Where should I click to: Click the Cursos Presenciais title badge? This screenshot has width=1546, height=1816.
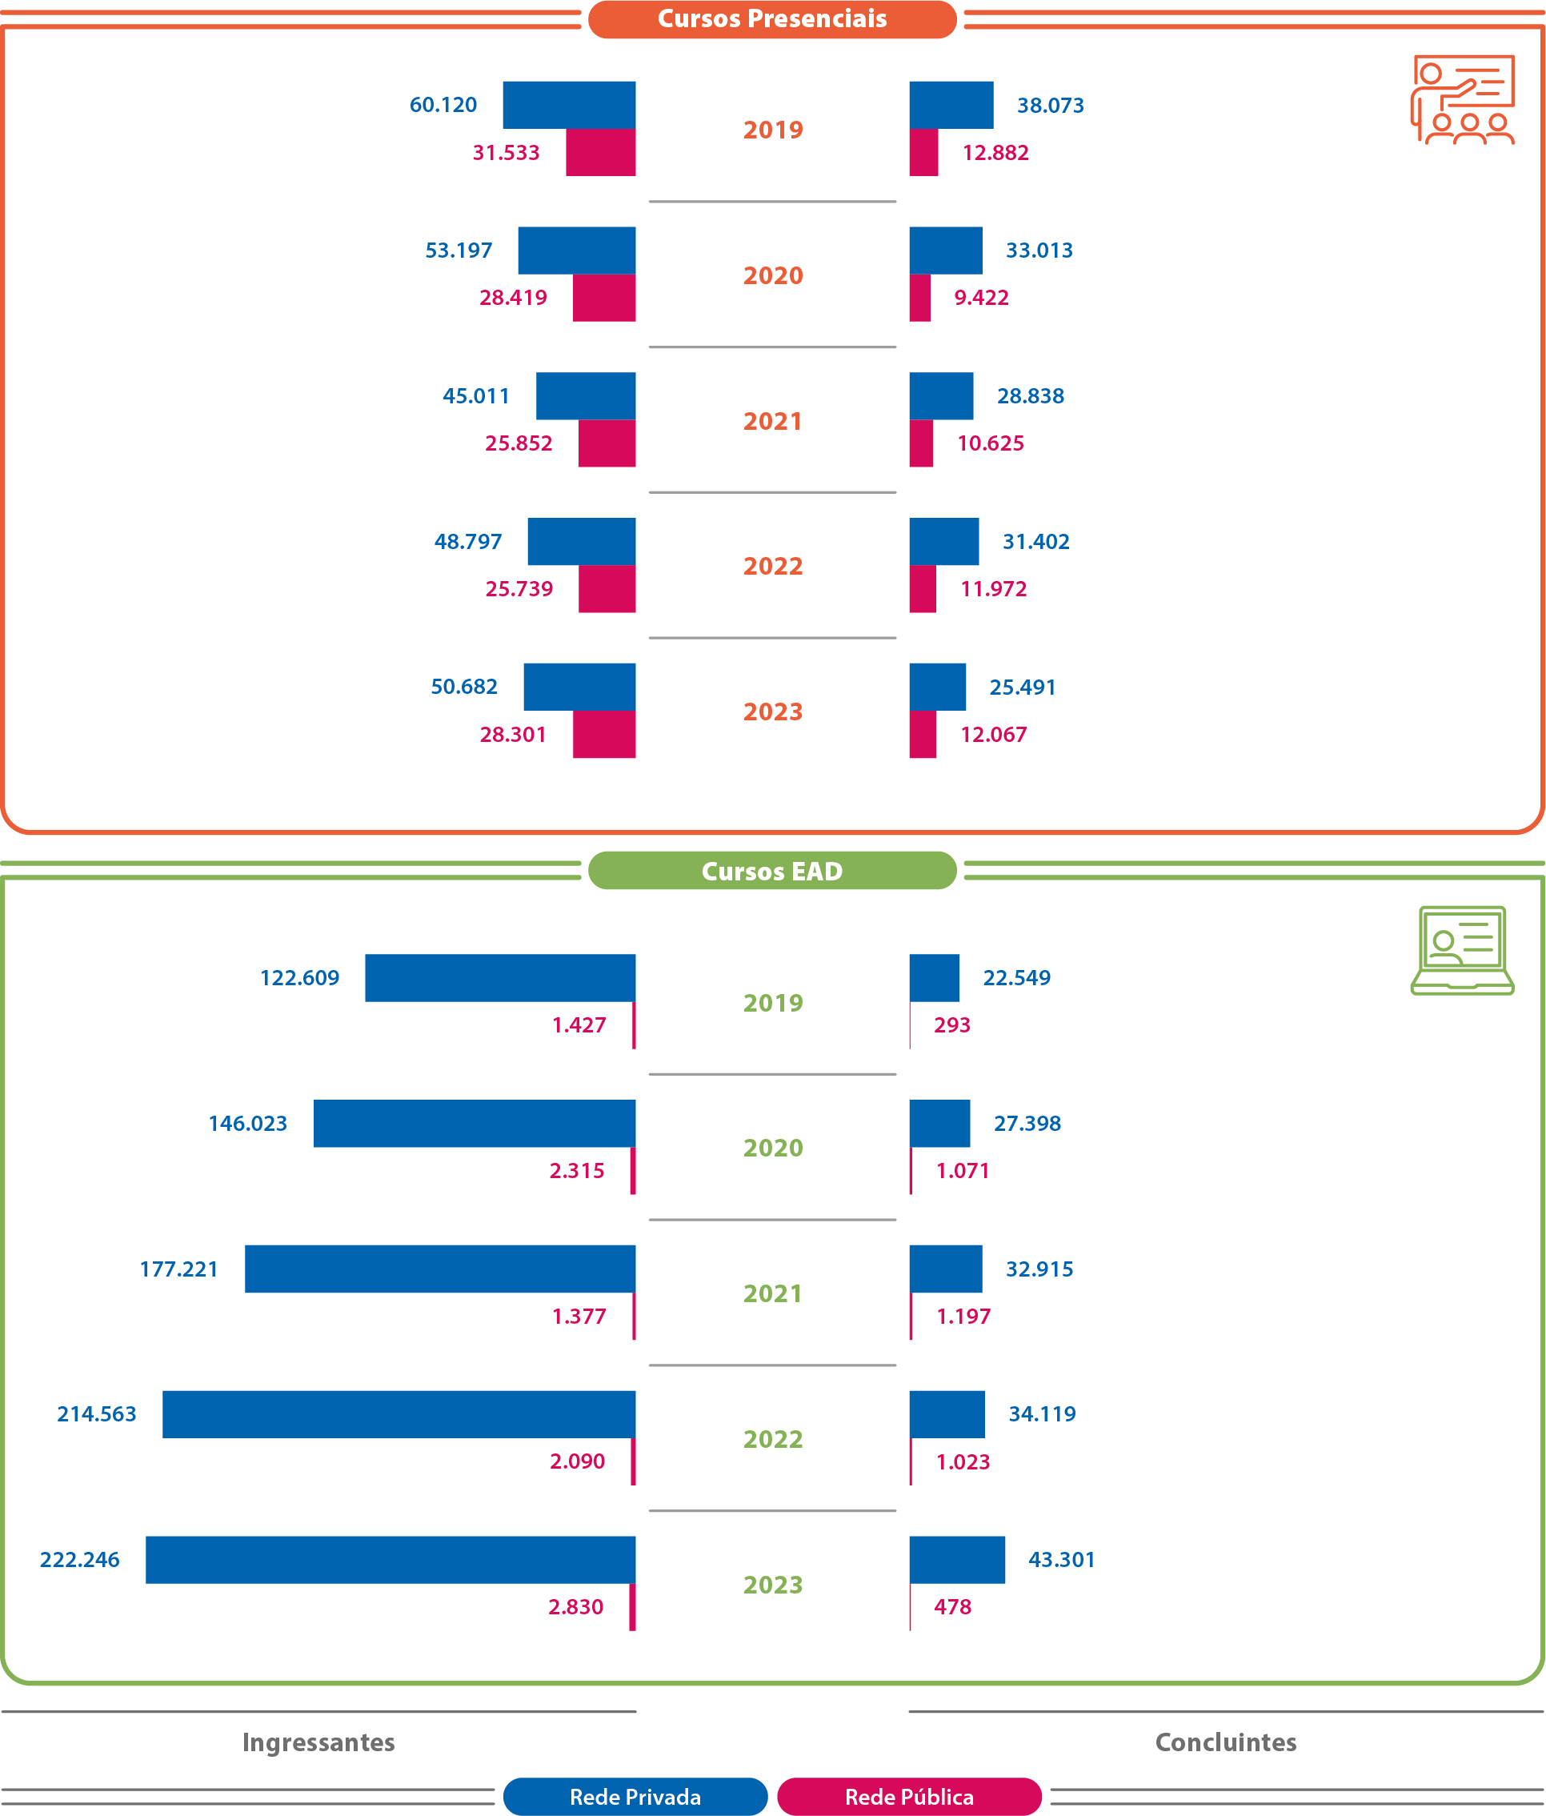(771, 19)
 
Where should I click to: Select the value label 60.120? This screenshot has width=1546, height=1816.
(443, 105)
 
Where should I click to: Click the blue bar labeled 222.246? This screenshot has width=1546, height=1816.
(390, 1559)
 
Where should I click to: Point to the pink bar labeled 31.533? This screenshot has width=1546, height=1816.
(600, 153)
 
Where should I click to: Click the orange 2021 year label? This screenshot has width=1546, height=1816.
(772, 422)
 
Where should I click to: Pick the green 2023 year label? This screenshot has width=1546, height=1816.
(772, 1585)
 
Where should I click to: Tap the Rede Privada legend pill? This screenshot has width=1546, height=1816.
(635, 1797)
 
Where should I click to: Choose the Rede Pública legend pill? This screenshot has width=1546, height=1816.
(909, 1797)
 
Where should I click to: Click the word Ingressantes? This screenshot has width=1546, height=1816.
(318, 1742)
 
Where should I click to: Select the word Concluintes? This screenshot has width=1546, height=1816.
(1225, 1742)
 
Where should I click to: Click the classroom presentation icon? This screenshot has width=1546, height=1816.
(1462, 99)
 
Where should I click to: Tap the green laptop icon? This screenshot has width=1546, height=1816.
(1462, 950)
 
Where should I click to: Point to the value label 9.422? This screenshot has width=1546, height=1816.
(981, 298)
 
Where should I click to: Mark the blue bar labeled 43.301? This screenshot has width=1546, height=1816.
(957, 1559)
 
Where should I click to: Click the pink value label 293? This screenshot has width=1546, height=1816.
(951, 1025)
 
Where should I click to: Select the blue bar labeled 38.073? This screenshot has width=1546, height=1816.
(951, 105)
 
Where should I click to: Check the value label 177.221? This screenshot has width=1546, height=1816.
(178, 1269)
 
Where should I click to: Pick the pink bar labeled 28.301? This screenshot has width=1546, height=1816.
(604, 735)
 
